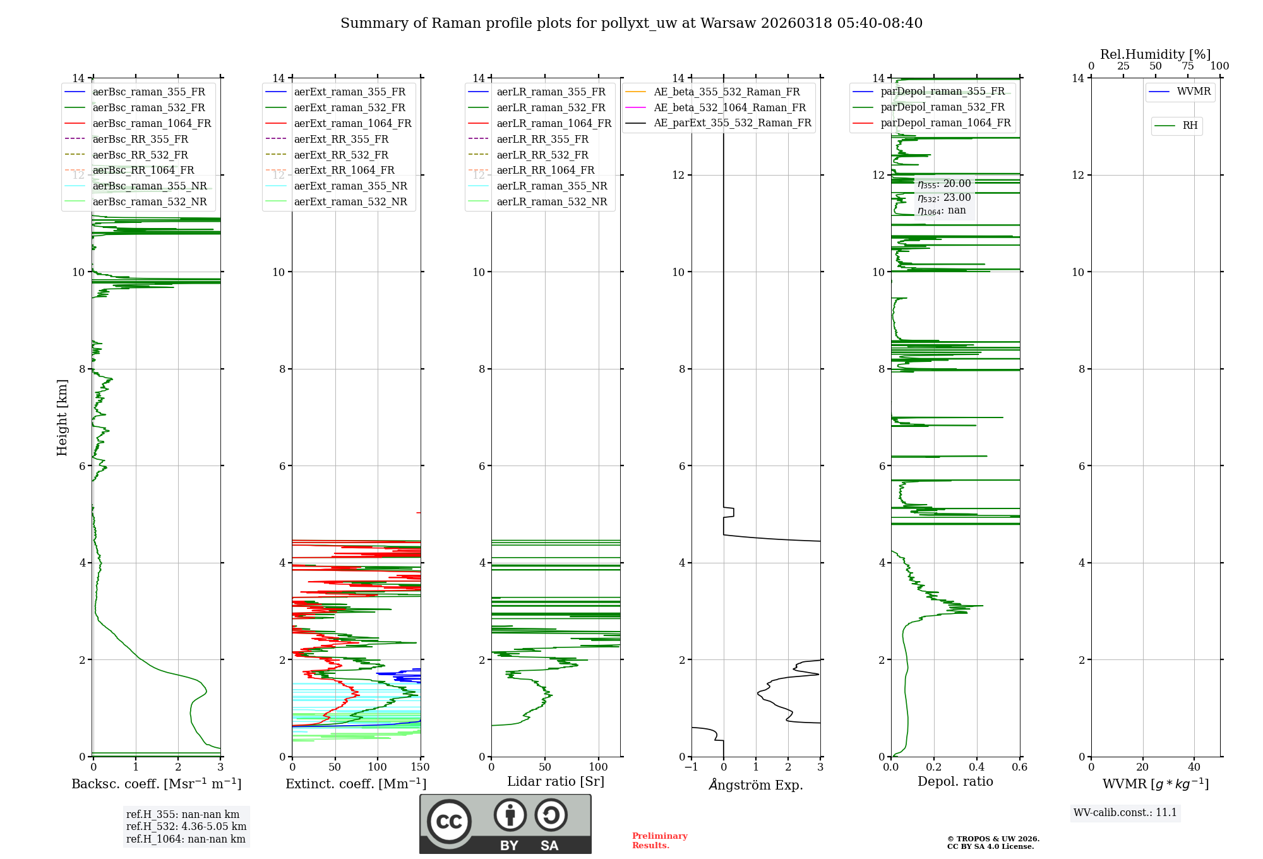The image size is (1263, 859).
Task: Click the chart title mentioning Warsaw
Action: pos(631,23)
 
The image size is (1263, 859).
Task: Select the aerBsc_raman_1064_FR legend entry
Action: pos(152,123)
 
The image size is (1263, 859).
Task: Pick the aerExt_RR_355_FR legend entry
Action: pos(341,139)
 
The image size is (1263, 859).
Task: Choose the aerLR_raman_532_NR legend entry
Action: pos(551,201)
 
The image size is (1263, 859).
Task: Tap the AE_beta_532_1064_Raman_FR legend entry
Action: pos(729,107)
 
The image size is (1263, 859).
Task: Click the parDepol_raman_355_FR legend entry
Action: pos(942,92)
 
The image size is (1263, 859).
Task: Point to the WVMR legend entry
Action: pos(1194,92)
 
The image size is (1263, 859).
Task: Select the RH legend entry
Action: pos(1190,126)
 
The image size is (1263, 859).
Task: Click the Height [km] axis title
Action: pos(62,417)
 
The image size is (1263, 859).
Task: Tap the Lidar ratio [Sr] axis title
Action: pos(556,781)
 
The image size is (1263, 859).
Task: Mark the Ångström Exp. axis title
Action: pos(756,785)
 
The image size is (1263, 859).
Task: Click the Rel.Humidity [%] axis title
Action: pos(1156,54)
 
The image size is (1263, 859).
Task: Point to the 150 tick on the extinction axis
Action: pos(420,767)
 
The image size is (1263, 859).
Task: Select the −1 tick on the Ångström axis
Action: pos(691,767)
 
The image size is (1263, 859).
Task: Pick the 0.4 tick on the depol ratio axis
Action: pos(977,767)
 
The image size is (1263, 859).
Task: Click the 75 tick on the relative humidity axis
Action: pos(1188,66)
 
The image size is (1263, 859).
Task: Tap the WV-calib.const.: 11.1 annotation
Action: pos(1125,812)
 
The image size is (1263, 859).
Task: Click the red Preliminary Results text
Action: pos(660,841)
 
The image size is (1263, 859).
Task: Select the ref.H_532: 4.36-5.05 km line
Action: pos(186,826)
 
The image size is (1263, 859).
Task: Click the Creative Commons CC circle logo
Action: pos(449,821)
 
